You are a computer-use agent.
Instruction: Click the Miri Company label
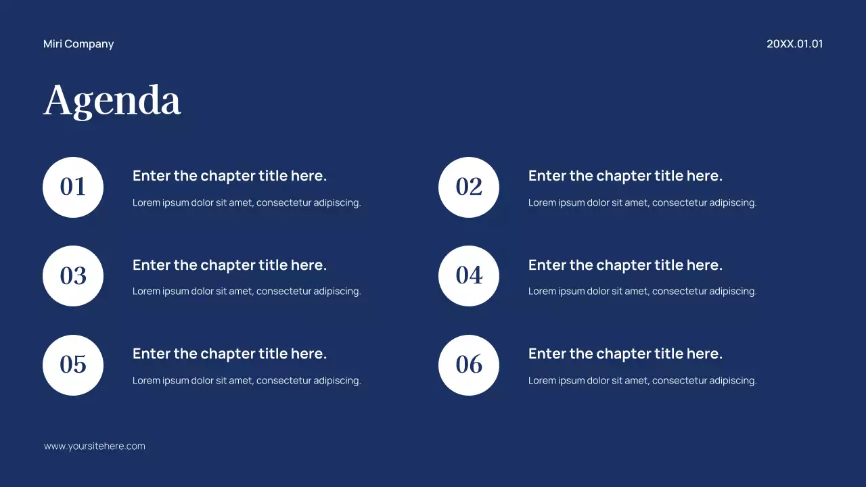(78, 44)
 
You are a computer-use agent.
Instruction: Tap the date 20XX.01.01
(794, 44)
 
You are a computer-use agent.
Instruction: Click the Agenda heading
(112, 101)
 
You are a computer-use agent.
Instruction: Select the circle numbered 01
(73, 187)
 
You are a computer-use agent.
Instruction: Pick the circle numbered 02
(469, 187)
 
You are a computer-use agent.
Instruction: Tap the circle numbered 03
(73, 276)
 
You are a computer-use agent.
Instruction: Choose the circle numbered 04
(469, 276)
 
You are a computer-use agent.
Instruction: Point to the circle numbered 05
(73, 365)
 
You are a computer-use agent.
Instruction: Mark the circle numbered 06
(469, 365)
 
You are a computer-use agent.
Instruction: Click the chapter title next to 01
(229, 176)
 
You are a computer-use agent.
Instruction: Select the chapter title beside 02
(625, 176)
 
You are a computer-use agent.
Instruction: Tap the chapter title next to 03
(229, 265)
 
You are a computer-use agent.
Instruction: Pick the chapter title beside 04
(625, 265)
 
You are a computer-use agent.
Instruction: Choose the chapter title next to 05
(229, 354)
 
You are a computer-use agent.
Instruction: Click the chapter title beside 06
(625, 354)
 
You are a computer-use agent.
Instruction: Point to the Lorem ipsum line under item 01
(246, 202)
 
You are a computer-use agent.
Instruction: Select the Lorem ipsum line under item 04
(642, 292)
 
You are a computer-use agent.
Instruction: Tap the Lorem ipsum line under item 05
(246, 381)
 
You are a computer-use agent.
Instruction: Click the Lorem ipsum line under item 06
(642, 381)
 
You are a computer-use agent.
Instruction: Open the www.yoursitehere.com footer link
(95, 446)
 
